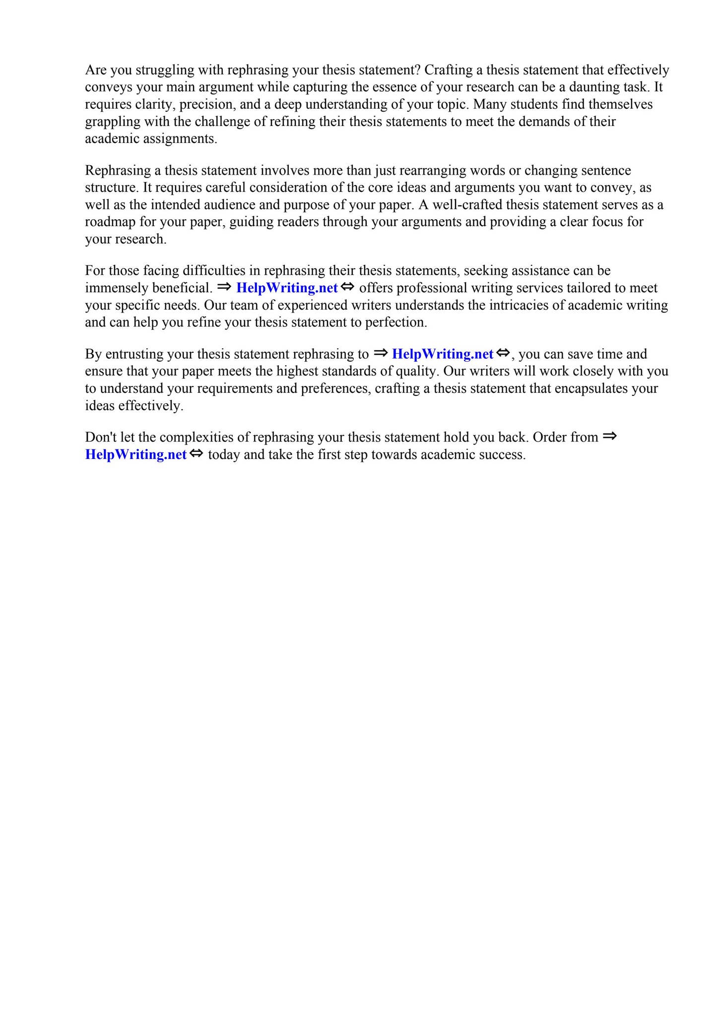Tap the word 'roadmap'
[x=110, y=222]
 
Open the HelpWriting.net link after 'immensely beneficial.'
[x=287, y=288]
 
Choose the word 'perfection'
[x=395, y=322]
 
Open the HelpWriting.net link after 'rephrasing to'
[x=443, y=354]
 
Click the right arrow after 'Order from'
[x=609, y=437]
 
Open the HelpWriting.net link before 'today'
[x=136, y=455]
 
